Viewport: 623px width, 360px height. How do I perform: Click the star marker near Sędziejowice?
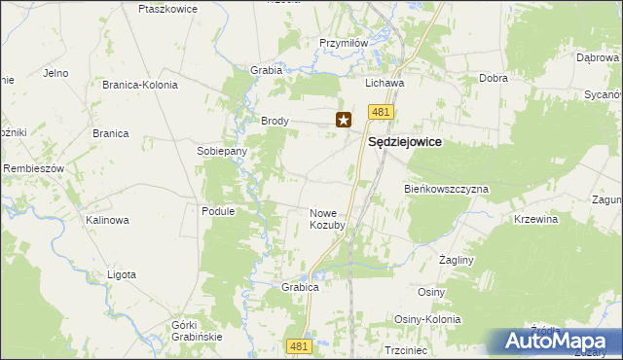(x=344, y=121)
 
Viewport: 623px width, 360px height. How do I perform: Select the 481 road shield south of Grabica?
(x=300, y=345)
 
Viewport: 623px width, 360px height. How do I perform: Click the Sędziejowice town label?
(x=404, y=141)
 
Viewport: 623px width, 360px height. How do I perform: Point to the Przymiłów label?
(x=344, y=43)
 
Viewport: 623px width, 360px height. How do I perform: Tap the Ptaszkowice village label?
(x=168, y=9)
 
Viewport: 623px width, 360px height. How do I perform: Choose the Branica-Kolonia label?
(x=140, y=85)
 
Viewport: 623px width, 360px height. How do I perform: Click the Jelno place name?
(x=55, y=73)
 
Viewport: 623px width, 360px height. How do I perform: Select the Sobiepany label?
(x=222, y=152)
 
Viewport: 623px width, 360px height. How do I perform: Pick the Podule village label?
(x=219, y=210)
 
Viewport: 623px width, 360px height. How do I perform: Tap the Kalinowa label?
(x=107, y=220)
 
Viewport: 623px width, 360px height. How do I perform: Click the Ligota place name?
(x=122, y=274)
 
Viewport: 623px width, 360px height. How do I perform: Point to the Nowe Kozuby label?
(x=327, y=219)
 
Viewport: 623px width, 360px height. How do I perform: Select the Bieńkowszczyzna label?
(x=446, y=188)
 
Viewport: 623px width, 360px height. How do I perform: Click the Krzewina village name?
(x=535, y=220)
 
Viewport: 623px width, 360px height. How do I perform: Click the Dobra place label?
(x=495, y=78)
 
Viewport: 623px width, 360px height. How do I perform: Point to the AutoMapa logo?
(x=555, y=342)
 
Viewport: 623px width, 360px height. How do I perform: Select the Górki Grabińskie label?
(x=197, y=330)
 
